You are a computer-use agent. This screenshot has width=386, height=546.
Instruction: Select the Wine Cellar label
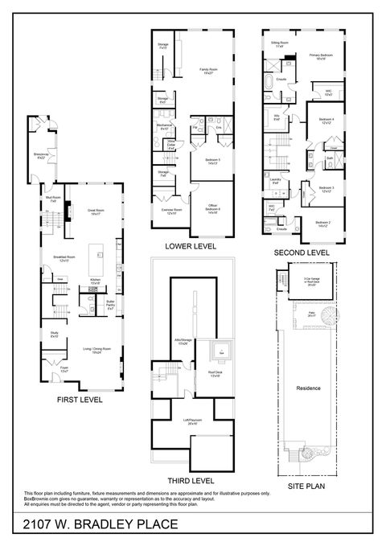[171, 144]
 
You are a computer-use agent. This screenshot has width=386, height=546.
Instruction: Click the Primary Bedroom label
[320, 57]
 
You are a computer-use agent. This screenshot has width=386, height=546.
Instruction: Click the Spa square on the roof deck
[220, 351]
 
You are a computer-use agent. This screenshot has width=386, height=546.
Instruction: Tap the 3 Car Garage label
[308, 281]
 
